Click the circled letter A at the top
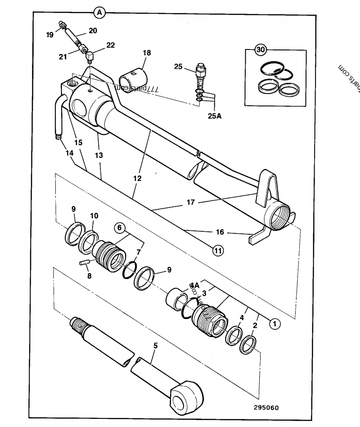(x=99, y=13)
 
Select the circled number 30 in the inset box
(x=261, y=50)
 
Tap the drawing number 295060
(x=266, y=408)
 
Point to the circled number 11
(x=218, y=251)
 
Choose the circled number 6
(x=120, y=228)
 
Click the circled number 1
(x=274, y=322)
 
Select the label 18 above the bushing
(x=147, y=53)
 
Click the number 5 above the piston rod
(x=156, y=346)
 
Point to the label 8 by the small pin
(x=89, y=276)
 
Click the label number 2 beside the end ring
(x=255, y=325)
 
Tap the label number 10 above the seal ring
(x=94, y=216)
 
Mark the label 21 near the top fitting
(x=63, y=56)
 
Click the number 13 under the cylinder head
(x=99, y=155)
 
